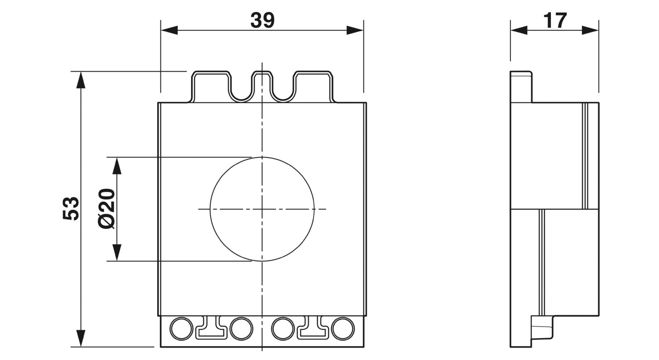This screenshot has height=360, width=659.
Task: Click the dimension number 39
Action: [x=262, y=20]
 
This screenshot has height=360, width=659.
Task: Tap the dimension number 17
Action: [x=555, y=21]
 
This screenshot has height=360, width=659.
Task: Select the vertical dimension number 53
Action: [x=71, y=209]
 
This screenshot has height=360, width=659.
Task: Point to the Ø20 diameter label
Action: [x=106, y=209]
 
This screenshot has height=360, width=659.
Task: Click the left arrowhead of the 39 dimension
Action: [x=170, y=30]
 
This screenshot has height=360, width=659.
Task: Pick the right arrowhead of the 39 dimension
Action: [x=355, y=30]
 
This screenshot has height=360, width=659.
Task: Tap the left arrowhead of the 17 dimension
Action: [x=519, y=30]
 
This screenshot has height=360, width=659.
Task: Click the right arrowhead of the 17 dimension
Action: [x=590, y=30]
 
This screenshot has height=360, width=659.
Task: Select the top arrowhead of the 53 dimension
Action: [x=80, y=80]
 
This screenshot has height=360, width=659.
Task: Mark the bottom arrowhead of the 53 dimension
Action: [x=80, y=338]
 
